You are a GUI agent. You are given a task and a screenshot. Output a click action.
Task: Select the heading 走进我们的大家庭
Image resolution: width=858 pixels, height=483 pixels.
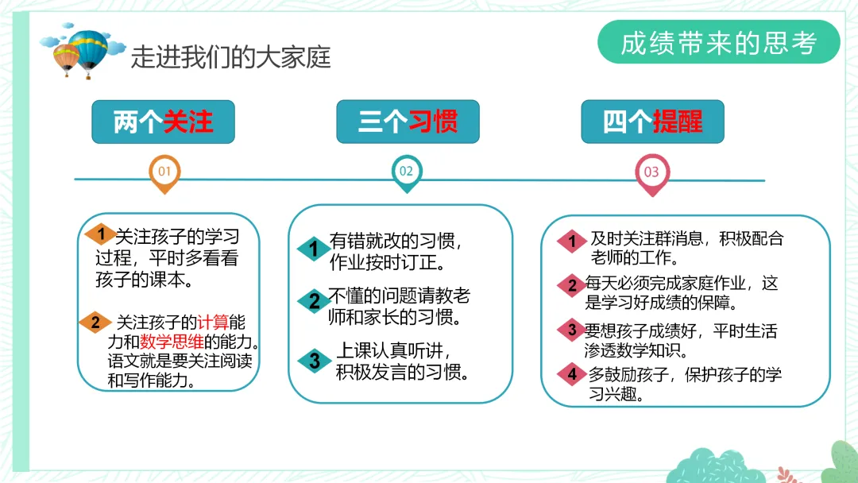click(x=230, y=57)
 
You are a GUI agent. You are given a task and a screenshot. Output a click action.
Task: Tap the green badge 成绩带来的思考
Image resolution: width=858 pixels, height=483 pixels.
click(x=718, y=43)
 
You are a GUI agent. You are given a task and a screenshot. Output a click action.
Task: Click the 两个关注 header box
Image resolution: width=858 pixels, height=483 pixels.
click(x=163, y=122)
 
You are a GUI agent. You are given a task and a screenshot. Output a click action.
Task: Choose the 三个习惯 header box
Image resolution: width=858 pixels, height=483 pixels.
click(x=408, y=122)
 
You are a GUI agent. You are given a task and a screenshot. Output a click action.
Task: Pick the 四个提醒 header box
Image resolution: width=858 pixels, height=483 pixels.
click(x=652, y=122)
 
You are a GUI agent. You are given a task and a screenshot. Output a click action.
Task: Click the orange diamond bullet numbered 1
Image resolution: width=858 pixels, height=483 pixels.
click(x=101, y=233)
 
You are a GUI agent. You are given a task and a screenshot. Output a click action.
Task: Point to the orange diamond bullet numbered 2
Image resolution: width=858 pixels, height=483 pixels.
click(x=95, y=322)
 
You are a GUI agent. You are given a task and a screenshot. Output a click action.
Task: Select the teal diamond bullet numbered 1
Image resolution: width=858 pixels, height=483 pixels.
click(x=314, y=249)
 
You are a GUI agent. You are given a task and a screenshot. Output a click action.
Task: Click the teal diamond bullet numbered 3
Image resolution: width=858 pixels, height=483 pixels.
click(x=315, y=360)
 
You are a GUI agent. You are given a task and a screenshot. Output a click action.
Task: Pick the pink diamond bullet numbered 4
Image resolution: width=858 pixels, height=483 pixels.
click(x=571, y=375)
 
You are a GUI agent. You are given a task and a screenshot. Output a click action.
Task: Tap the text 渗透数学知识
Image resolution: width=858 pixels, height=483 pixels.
click(x=636, y=350)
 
